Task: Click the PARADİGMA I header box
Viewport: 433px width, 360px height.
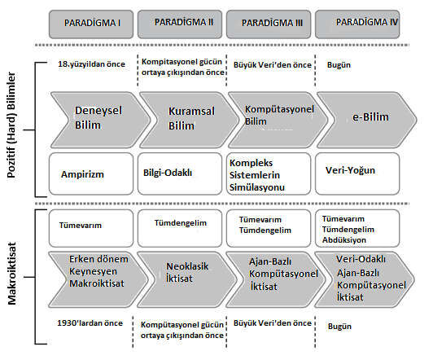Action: [x=91, y=24]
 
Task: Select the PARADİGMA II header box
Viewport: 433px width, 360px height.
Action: [x=180, y=24]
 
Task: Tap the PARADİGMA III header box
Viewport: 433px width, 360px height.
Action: [x=269, y=24]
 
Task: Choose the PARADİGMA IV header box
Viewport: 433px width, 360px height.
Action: [x=357, y=24]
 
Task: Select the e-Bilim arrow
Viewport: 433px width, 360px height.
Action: [x=367, y=120]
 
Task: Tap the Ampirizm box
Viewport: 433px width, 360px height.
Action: [x=91, y=173]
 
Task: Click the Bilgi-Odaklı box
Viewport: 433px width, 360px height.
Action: [x=180, y=173]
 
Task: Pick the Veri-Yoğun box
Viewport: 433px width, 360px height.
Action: [x=357, y=173]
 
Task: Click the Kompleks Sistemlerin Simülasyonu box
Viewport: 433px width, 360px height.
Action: [x=269, y=173]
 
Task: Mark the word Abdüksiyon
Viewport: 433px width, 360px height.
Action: [x=344, y=239]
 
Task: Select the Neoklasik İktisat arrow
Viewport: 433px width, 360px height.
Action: [x=187, y=279]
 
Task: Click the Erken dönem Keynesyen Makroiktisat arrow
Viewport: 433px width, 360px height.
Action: [x=98, y=279]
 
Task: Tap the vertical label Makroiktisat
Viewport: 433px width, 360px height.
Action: [x=12, y=274]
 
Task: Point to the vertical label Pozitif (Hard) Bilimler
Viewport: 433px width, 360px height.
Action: [x=11, y=125]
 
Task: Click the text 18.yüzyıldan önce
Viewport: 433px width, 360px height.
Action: [x=91, y=64]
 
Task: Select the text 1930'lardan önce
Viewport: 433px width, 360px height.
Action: [x=90, y=323]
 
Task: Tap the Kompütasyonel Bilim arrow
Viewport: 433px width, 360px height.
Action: [x=278, y=120]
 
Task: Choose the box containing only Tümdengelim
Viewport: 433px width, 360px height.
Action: [x=180, y=228]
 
